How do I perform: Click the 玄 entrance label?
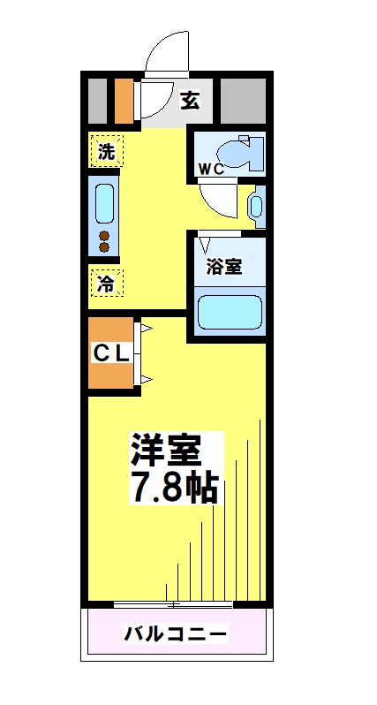point(190,100)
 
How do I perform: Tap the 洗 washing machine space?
point(106,151)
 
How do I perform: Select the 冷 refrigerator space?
point(106,284)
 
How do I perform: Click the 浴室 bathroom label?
point(224,267)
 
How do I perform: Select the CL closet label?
point(112,353)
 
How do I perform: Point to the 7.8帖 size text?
point(174,487)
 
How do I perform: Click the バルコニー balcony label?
point(175,633)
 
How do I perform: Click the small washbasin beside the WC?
point(256,207)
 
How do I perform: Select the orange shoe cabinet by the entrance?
point(124,102)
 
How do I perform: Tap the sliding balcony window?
point(174,605)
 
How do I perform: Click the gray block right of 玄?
point(243,102)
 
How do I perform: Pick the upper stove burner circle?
point(104,236)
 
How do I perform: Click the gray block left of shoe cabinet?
point(97,102)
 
